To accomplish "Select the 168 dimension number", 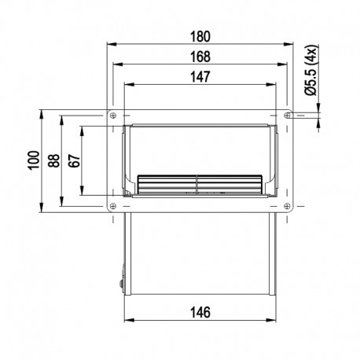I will coord(201,56).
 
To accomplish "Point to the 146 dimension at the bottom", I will coord(201,313).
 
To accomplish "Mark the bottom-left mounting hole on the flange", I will coord(116,207).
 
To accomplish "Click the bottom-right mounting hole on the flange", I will coord(288,207).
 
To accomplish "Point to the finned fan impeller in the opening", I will coord(201,183).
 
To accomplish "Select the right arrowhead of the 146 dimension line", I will coord(274,321).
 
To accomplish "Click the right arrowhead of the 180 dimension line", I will coord(296,45).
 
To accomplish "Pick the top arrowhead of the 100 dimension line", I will coord(40,114).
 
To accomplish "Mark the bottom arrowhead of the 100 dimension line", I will coord(40,211).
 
